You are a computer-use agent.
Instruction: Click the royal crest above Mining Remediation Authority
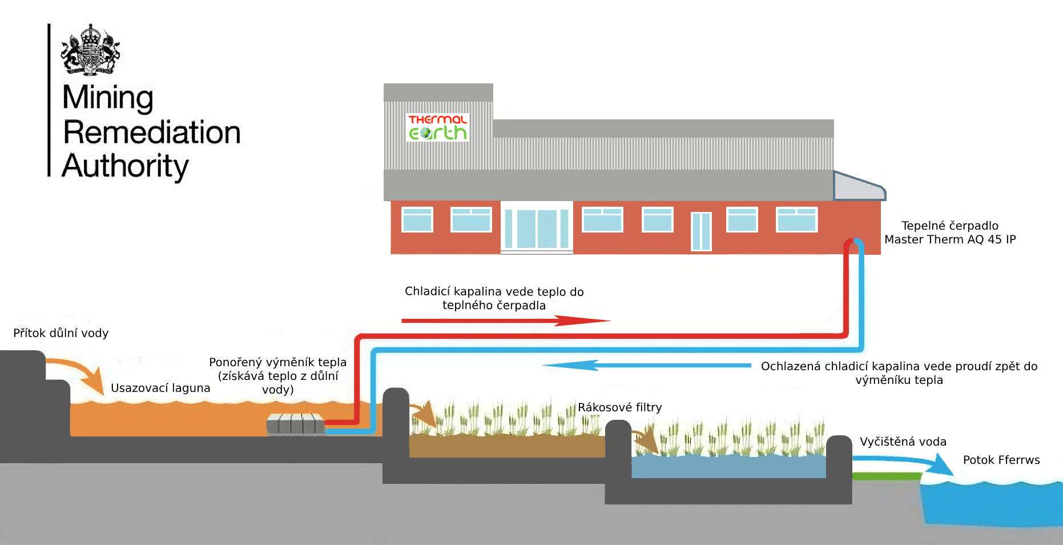(x=90, y=50)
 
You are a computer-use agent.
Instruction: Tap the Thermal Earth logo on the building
(x=437, y=127)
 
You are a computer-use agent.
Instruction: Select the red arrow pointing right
(x=505, y=320)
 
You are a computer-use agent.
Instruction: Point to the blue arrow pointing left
(x=645, y=365)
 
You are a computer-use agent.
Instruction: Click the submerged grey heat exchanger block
(x=295, y=423)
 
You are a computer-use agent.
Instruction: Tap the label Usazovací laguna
(x=160, y=388)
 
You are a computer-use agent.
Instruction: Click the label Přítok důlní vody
(x=61, y=333)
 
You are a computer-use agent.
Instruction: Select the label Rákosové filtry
(x=619, y=407)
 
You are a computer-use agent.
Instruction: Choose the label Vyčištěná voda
(x=903, y=442)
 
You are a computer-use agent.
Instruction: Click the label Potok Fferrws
(x=1001, y=460)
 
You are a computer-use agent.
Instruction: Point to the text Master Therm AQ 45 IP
(x=950, y=239)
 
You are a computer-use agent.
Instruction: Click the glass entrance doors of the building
(x=537, y=228)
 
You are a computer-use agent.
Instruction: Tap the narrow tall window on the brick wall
(x=701, y=231)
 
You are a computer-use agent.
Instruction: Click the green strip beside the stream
(x=886, y=476)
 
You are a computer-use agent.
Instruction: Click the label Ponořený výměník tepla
(x=277, y=362)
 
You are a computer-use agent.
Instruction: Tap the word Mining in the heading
(x=108, y=97)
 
